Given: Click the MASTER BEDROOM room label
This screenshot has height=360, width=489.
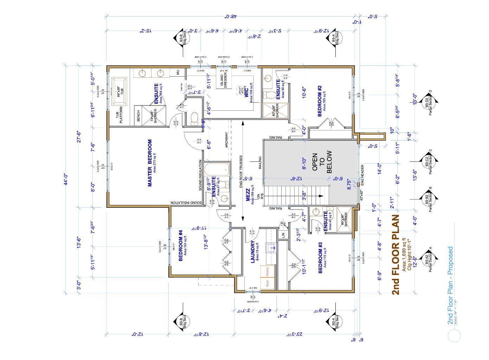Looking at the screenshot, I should [x=150, y=163].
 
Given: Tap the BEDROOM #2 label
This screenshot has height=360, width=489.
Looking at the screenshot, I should [x=320, y=101].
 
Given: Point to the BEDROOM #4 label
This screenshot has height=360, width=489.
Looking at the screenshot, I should [x=181, y=246].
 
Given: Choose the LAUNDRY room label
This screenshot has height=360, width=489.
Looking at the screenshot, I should [x=252, y=252].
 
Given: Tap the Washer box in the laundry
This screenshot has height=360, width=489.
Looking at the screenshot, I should [x=267, y=271].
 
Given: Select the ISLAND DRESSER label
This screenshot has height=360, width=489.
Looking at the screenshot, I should [x=224, y=81].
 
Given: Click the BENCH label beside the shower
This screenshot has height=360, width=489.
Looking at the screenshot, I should [x=138, y=116].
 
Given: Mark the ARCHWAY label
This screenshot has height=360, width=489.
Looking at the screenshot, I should [x=226, y=140].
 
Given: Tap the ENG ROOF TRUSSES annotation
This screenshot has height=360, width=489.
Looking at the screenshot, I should [x=241, y=172].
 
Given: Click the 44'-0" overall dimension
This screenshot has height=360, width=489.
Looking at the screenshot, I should [x=66, y=179].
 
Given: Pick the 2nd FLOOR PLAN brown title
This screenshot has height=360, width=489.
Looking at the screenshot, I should [x=395, y=255].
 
